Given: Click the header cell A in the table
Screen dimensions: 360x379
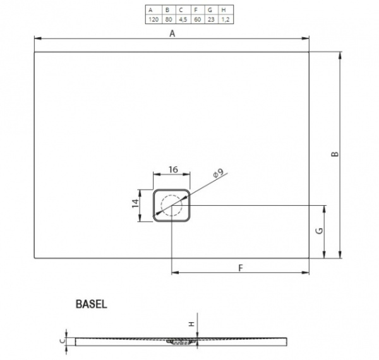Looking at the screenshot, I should click(152, 10).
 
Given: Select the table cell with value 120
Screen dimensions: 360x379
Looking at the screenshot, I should click(152, 20).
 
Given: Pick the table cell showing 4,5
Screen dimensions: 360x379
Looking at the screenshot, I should click(181, 20).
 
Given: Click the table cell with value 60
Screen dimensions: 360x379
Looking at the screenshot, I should click(196, 20).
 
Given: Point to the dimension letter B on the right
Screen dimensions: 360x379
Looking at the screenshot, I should click(336, 155).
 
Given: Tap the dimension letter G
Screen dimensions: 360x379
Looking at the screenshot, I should click(320, 231).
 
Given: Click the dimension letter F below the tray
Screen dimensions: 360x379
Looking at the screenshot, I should click(240, 268).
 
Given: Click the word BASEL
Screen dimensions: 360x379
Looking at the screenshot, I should click(92, 303).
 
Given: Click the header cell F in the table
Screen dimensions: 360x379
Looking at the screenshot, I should click(196, 10).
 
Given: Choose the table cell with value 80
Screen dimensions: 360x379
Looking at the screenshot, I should click(167, 20).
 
